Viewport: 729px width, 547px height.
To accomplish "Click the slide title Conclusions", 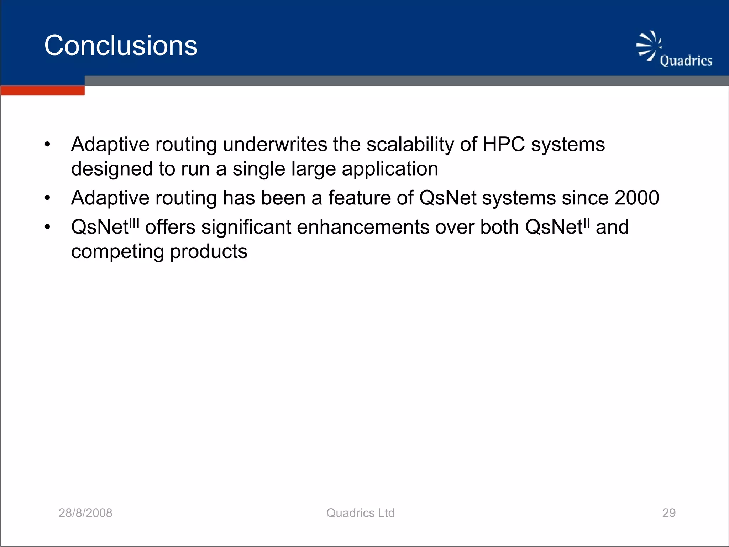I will click(x=121, y=46).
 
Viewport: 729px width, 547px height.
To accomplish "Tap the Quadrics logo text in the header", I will click(x=686, y=61).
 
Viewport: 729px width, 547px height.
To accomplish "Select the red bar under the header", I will click(x=42, y=91).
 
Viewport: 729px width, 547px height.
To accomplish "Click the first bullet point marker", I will click(x=48, y=145).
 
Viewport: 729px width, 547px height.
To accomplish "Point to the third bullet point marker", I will click(x=48, y=227).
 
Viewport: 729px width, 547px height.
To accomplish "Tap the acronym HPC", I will click(x=503, y=145).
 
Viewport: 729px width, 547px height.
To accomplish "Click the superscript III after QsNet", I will click(x=134, y=223).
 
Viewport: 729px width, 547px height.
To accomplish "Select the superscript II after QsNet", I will click(x=587, y=223).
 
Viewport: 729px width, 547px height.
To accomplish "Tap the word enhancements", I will click(x=363, y=227).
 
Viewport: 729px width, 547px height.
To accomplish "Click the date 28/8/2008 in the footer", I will click(x=85, y=513).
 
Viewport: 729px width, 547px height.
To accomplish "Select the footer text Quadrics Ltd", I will click(x=360, y=513).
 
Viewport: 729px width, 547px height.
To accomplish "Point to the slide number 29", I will click(x=668, y=513).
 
